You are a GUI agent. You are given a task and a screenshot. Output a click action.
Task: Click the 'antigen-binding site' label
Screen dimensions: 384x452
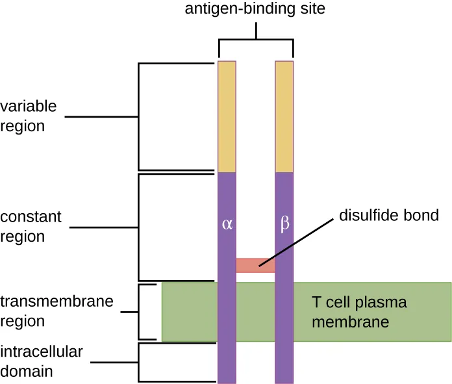(x=256, y=10)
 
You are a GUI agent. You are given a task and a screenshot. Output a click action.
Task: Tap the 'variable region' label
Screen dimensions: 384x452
(x=29, y=116)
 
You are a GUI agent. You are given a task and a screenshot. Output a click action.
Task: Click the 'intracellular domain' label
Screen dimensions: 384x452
(x=42, y=362)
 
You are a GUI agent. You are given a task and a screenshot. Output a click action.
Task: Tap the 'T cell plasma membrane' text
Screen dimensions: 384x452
(x=359, y=312)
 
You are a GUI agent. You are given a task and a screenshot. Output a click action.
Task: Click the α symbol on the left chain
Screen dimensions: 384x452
(x=227, y=225)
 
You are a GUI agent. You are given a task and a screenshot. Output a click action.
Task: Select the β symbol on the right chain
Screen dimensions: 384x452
(x=284, y=225)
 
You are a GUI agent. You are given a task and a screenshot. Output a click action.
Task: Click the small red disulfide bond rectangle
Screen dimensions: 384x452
(x=255, y=265)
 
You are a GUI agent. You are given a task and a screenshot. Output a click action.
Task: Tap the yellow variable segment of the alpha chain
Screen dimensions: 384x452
(x=227, y=116)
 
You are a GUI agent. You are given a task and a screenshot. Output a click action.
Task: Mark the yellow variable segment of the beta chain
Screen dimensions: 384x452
(x=284, y=116)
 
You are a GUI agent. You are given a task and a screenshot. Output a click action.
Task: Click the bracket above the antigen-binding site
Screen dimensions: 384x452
(x=256, y=40)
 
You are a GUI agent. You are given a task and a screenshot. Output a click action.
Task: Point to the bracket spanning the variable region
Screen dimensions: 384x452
(x=139, y=117)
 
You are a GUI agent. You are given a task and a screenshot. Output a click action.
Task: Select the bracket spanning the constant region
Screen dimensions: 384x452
(x=139, y=227)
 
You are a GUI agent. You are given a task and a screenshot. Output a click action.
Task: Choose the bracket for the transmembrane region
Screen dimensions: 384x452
(x=140, y=312)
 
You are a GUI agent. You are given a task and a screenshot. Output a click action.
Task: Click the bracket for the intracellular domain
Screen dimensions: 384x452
(x=139, y=362)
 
